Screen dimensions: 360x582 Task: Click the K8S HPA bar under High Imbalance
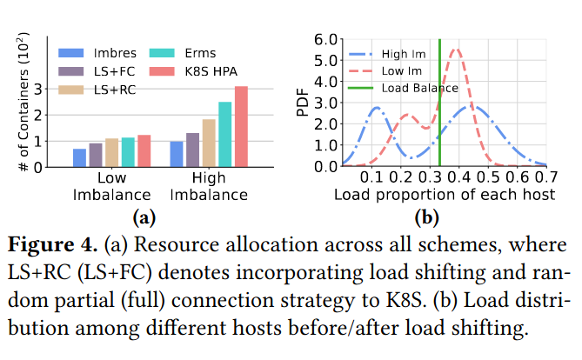241,127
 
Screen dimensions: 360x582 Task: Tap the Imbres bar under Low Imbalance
79,157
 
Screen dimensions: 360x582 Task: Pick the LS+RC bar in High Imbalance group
209,143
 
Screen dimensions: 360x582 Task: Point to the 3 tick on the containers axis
49,89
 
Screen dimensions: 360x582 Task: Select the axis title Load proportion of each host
445,194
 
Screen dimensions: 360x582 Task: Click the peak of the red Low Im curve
454,50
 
